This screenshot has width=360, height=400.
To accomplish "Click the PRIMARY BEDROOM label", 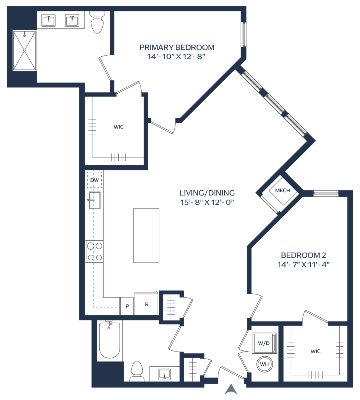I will coord(177,47).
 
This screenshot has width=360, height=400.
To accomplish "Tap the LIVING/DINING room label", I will coord(207,193).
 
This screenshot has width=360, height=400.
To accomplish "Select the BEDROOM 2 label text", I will coord(303,255).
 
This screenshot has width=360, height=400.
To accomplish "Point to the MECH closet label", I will coord(283,191).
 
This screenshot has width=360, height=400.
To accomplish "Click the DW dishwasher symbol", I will coord(95,180).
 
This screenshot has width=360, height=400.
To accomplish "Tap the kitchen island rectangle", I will coord(146,236).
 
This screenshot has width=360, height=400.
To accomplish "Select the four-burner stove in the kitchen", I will coord(95,251).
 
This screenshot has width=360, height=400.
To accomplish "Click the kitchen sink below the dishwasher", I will coord(95,200).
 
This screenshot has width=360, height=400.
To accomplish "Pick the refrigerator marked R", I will coord(146,304).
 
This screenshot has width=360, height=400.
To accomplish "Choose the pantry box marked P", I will coord(127,307).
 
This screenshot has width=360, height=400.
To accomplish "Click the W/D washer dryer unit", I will coord(264,343).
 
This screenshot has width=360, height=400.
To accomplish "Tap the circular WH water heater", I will coord(264,364).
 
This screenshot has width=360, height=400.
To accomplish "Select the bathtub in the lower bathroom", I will coord(110,340).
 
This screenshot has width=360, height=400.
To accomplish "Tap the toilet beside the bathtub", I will coord(137,370).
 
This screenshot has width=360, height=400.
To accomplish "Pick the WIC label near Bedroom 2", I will coord(316,351).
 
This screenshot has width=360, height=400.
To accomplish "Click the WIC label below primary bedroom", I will coord(118,127).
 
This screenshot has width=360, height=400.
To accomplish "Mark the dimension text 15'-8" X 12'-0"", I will coord(207,202).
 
